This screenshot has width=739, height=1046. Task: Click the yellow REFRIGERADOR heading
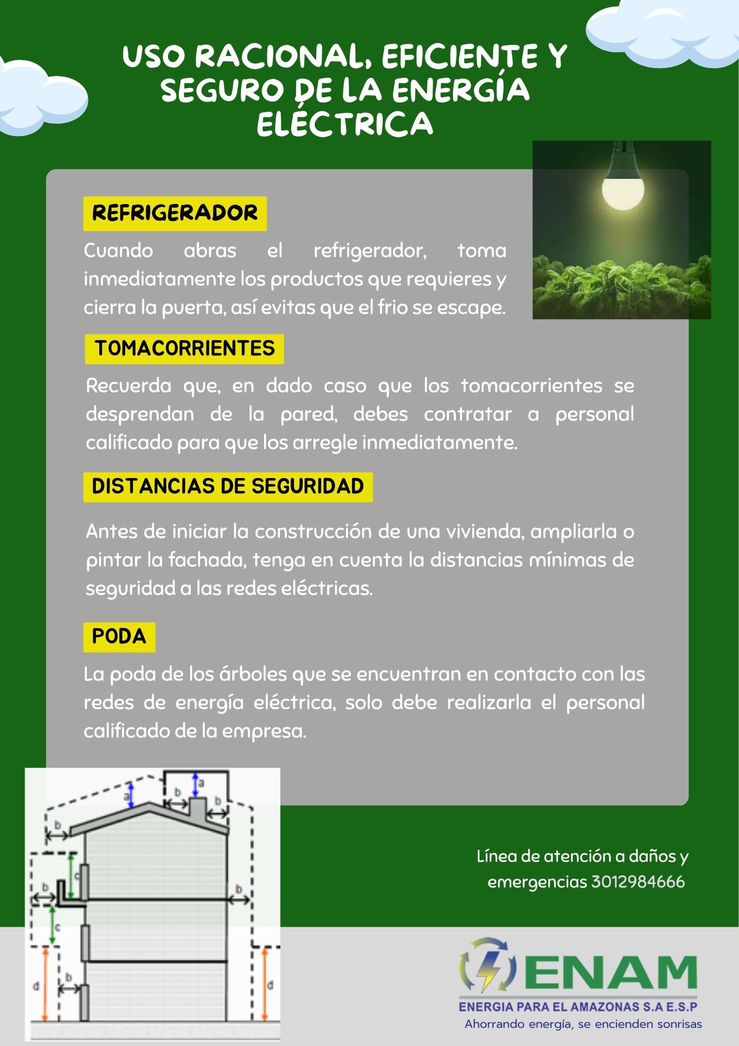click(x=175, y=213)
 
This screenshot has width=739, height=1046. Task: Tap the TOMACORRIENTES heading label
click(x=184, y=349)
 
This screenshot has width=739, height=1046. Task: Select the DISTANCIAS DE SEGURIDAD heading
click(x=228, y=486)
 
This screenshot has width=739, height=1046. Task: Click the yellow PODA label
click(x=119, y=636)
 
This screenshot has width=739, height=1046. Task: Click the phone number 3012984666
click(x=638, y=882)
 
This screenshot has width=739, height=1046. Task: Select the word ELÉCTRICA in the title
click(x=345, y=124)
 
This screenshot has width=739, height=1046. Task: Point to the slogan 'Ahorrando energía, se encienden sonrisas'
click(x=583, y=1024)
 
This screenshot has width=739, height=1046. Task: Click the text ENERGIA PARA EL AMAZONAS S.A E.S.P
click(x=578, y=1007)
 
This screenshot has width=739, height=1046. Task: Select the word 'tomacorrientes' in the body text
click(x=531, y=386)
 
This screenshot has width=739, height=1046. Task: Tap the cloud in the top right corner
click(x=661, y=33)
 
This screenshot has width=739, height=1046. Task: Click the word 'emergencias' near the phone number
click(x=537, y=882)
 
